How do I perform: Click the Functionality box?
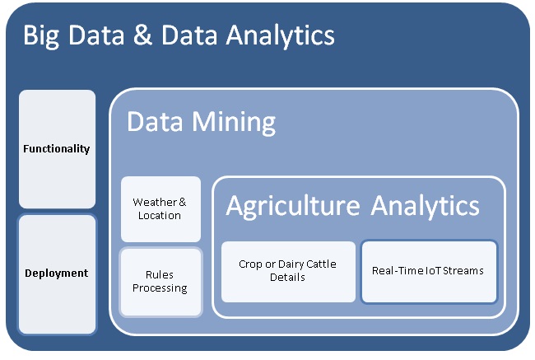(58, 149)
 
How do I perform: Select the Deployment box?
(58, 274)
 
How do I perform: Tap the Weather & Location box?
(160, 209)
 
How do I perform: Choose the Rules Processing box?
(160, 282)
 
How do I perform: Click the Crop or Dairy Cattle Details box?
(288, 272)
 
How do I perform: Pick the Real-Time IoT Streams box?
(429, 272)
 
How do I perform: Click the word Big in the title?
(41, 36)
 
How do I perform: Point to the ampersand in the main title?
(142, 35)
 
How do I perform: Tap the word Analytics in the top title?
(280, 36)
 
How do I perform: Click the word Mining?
(234, 123)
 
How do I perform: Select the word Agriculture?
(293, 207)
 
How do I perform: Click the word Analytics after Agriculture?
(426, 207)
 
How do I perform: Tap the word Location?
(160, 216)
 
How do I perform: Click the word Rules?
(160, 274)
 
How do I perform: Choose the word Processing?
(160, 288)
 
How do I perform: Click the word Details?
(287, 277)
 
